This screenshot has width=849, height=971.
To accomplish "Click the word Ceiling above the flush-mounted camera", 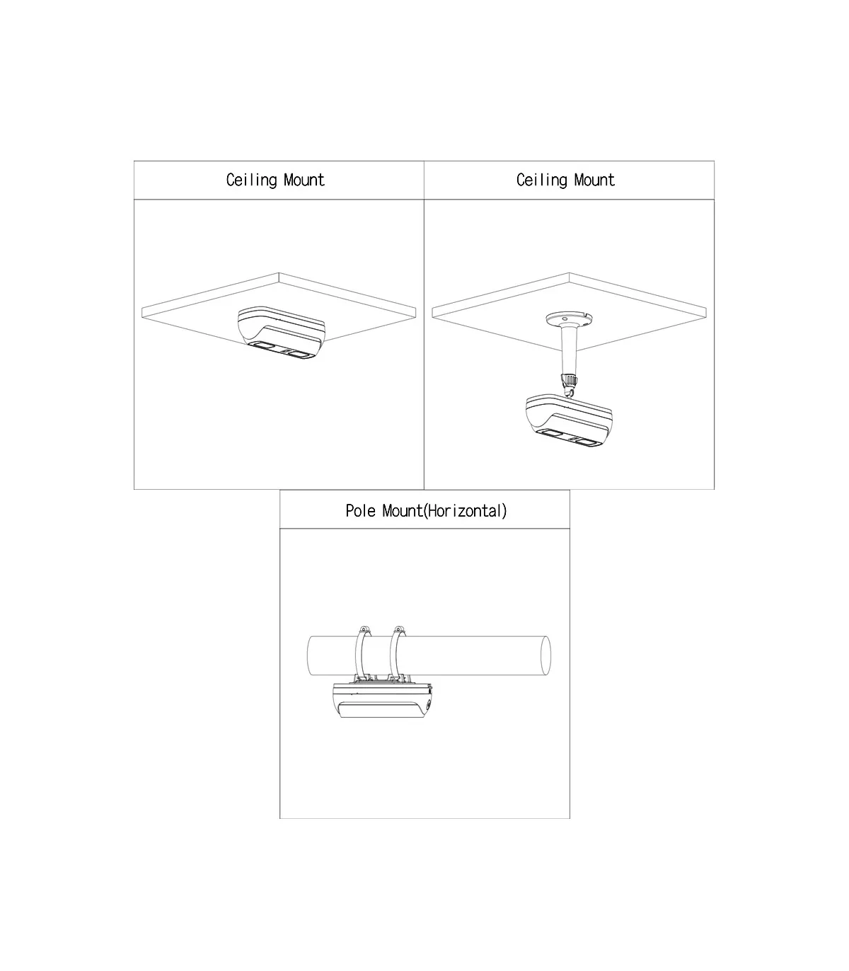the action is click(251, 180).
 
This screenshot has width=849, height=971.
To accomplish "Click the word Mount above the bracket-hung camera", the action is click(594, 180).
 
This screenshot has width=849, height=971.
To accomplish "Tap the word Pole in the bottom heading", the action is click(360, 511).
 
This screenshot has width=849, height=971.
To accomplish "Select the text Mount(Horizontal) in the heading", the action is click(445, 511).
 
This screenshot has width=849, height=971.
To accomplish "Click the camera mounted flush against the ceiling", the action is click(282, 332).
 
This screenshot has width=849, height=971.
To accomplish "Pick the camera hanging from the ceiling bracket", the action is click(569, 420).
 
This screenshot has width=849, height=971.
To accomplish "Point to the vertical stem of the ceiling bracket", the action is click(569, 350).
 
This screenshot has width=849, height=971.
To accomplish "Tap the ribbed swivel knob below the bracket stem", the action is click(569, 380).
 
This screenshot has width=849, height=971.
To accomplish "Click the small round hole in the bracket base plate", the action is click(565, 318).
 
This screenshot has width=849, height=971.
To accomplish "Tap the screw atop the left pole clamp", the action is click(364, 629).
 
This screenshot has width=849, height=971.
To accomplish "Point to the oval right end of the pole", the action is click(546, 655).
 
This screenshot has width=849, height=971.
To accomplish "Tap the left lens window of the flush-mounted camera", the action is click(261, 347).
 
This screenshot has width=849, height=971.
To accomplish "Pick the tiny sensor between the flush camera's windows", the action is click(286, 351).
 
